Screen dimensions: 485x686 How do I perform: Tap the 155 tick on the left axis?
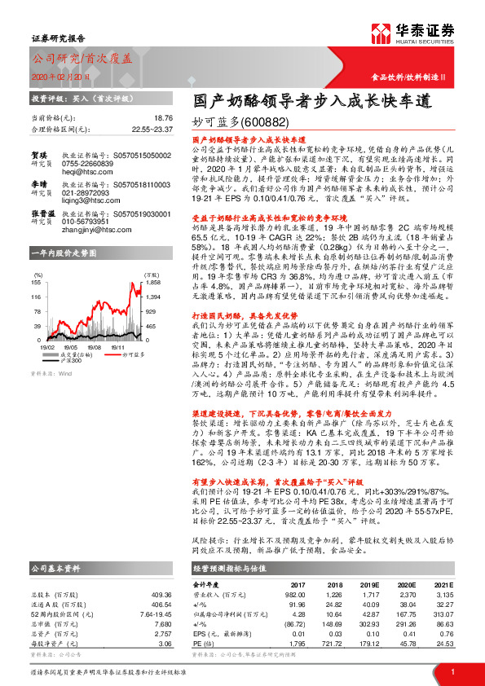point(37,281)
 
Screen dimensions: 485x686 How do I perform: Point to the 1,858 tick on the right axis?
point(152,281)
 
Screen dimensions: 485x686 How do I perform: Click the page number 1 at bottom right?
point(451,671)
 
